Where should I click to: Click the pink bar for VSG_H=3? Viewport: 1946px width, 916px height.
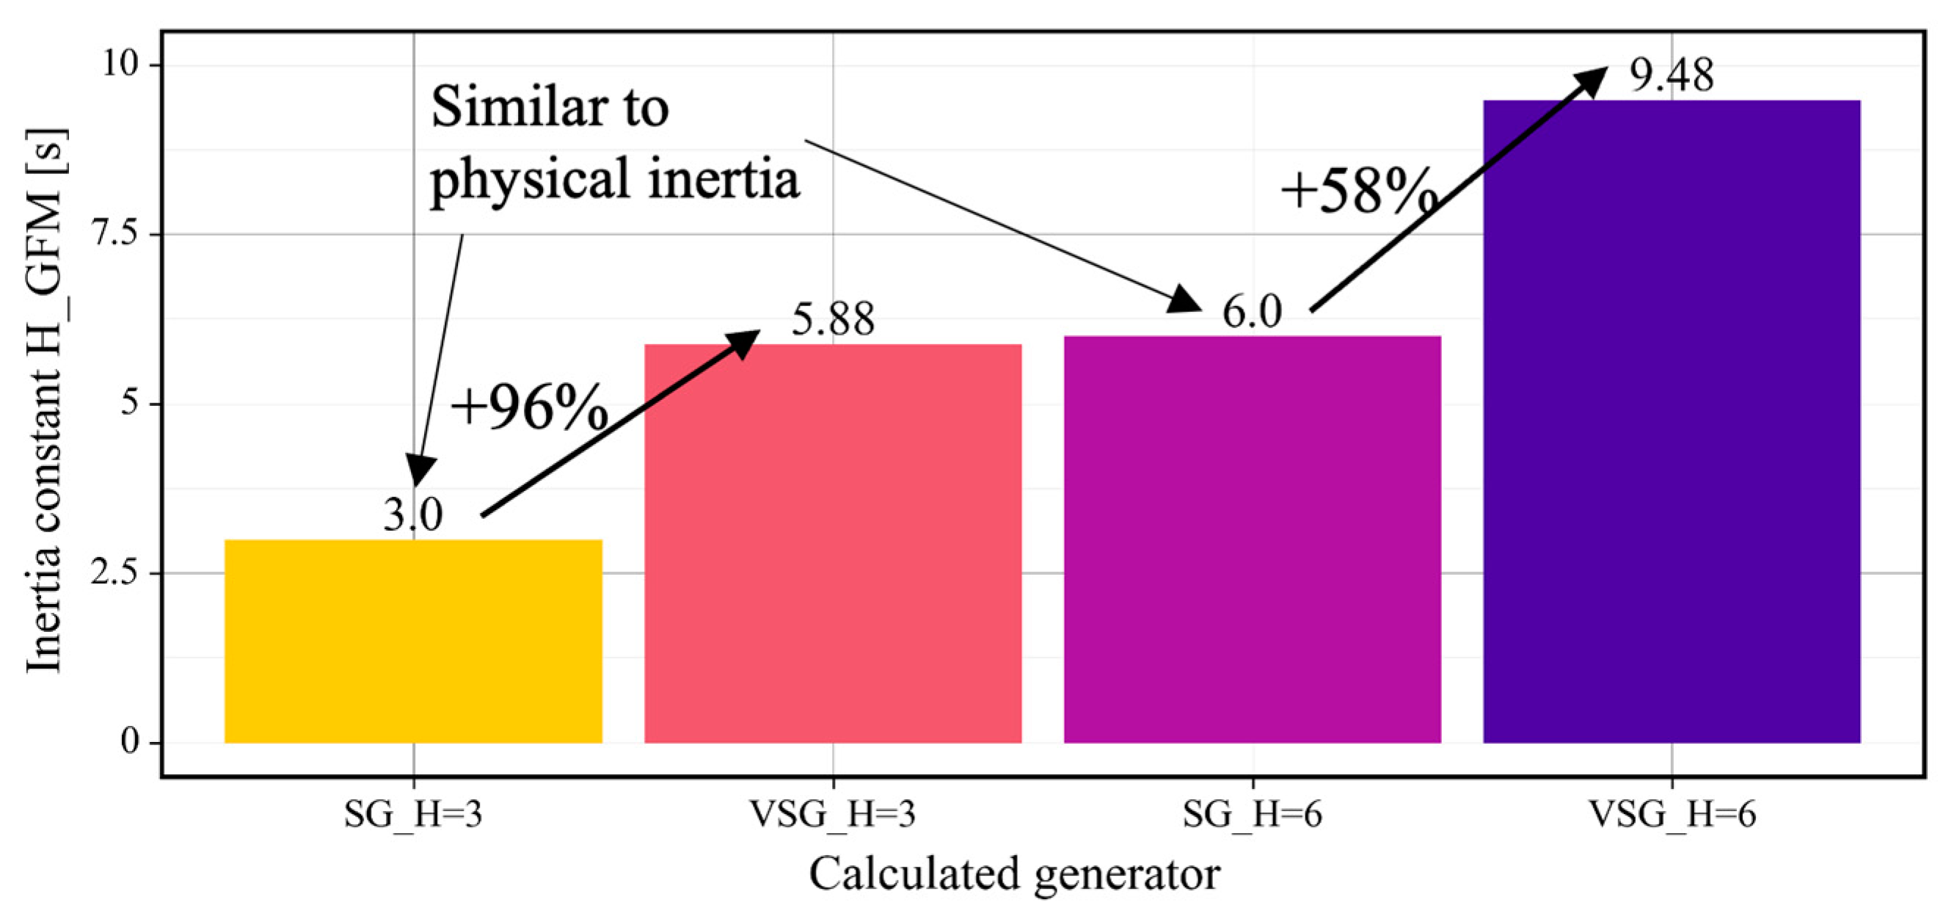(x=833, y=543)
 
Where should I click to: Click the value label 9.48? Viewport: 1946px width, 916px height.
(x=1671, y=76)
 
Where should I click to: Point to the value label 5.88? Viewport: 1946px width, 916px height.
(x=833, y=319)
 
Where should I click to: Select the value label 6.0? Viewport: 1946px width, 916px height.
(x=1252, y=311)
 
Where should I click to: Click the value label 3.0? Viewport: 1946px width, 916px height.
(x=412, y=515)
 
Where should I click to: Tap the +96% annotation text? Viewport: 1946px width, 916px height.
(x=529, y=407)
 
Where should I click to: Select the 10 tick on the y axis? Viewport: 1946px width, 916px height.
(x=121, y=65)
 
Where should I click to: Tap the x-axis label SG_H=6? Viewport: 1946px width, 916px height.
(x=1252, y=815)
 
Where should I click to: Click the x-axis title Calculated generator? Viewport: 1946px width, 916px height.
(x=1014, y=874)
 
